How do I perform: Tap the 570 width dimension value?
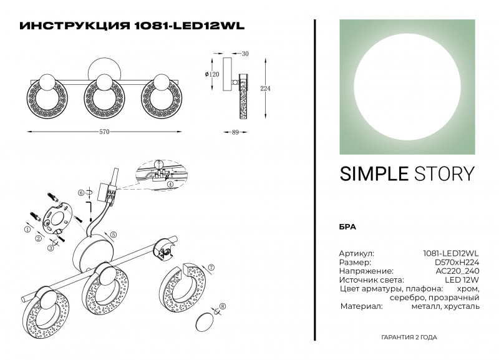105,132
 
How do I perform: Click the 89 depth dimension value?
235,132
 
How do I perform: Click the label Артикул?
356,254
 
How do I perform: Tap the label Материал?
361,306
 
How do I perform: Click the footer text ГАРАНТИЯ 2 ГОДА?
409,337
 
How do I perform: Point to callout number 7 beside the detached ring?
211,268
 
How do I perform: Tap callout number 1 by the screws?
27,230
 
